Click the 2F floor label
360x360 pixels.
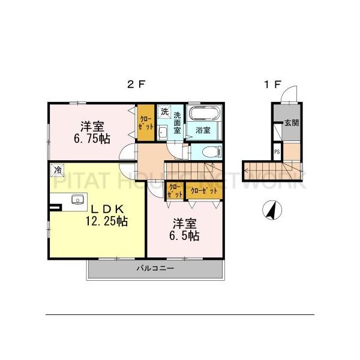click(136, 85)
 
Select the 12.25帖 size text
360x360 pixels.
click(106, 221)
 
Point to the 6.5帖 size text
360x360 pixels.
click(185, 236)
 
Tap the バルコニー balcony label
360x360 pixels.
click(155, 268)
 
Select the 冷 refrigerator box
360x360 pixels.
click(58, 170)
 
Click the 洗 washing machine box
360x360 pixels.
click(163, 112)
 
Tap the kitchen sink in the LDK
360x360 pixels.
click(76, 200)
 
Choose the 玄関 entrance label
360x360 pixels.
click(292, 123)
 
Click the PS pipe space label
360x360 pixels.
click(277, 152)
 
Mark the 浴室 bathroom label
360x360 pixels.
click(202, 130)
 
